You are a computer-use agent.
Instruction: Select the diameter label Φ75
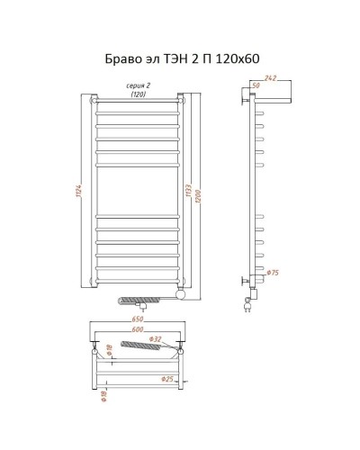272,271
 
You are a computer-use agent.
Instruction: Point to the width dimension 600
138,329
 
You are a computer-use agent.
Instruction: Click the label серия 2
138,85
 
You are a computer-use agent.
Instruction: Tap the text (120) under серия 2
138,94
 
